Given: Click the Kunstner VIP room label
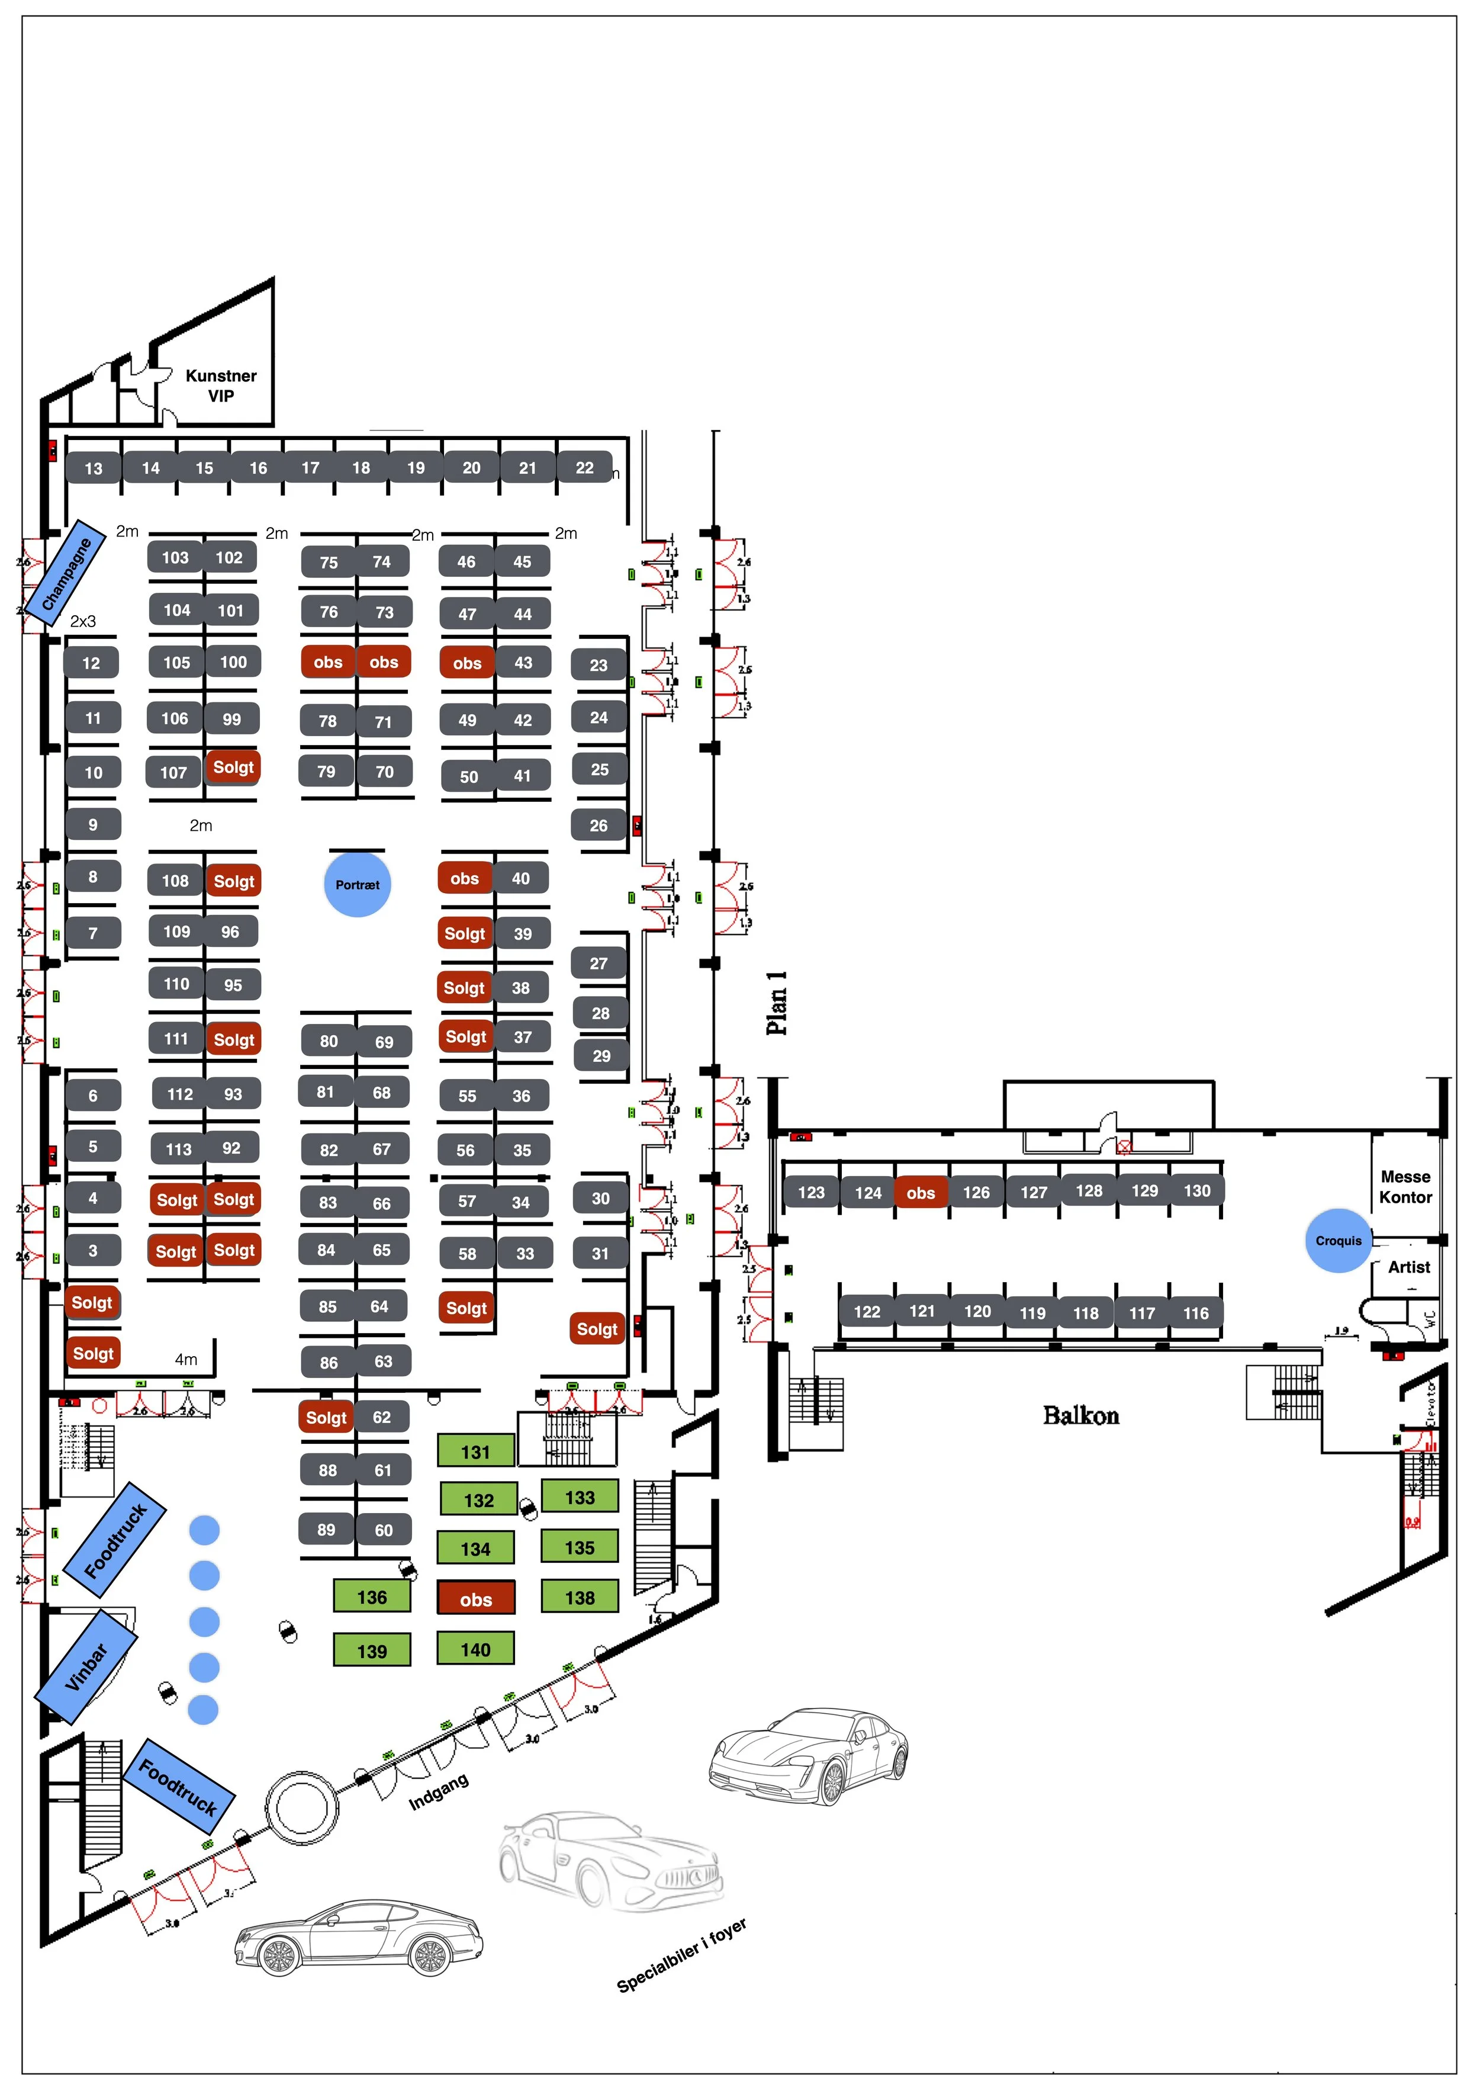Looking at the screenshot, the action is pos(221,385).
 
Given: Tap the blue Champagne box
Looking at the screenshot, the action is pos(66,576).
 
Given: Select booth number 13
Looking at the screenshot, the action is pos(93,469).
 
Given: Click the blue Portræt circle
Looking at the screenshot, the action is pos(358,884).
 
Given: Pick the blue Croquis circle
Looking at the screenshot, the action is pos(1338,1240).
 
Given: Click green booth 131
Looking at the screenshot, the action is pos(475,1452).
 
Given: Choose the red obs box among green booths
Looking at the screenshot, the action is pos(475,1600).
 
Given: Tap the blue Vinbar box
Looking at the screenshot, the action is pos(86,1667).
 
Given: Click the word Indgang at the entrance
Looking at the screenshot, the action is pos(439,1792).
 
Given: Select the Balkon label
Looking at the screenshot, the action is pos(1080,1415).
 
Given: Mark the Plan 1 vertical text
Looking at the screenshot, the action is pos(776,1003).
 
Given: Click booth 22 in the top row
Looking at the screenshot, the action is pos(584,468).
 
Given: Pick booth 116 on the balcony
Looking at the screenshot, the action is pos(1195,1313).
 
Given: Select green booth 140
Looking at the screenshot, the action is pos(475,1650).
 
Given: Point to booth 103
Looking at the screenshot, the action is pos(175,557).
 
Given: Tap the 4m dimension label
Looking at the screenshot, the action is pos(186,1359).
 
